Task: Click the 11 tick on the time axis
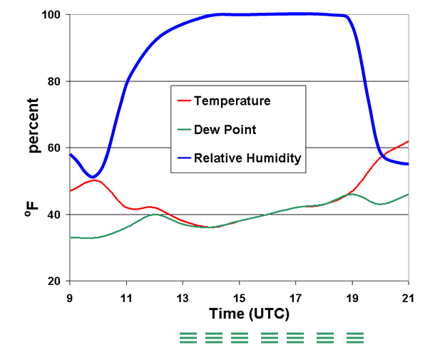click(x=126, y=296)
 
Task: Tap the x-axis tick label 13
click(x=183, y=296)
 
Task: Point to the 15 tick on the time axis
click(x=239, y=296)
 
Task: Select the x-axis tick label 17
click(x=295, y=296)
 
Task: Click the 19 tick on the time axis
click(x=352, y=296)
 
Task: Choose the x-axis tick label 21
click(x=408, y=296)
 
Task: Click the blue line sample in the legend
click(x=187, y=160)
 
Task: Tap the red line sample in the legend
click(x=187, y=101)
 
